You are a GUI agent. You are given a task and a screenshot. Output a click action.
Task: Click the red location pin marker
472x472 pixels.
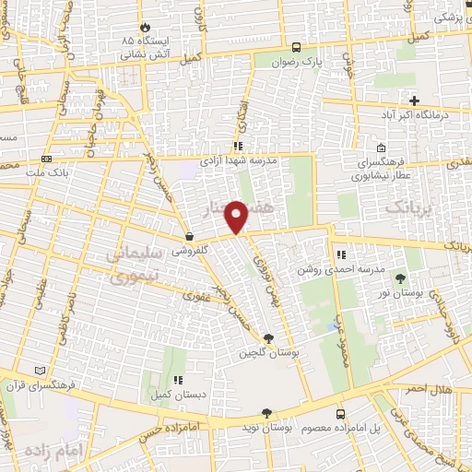coord(238,216)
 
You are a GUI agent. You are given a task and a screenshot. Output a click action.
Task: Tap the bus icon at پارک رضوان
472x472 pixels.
coord(296,47)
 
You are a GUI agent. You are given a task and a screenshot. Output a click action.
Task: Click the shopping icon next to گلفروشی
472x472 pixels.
coord(189,236)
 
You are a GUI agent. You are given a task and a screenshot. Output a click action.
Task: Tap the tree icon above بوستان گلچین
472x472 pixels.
coord(268,338)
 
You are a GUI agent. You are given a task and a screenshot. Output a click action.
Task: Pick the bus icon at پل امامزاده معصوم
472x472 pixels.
coord(340,414)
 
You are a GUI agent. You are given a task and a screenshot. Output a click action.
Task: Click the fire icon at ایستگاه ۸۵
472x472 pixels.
coord(144,28)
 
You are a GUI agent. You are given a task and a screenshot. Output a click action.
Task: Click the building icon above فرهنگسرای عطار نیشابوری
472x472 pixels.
coord(381,149)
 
